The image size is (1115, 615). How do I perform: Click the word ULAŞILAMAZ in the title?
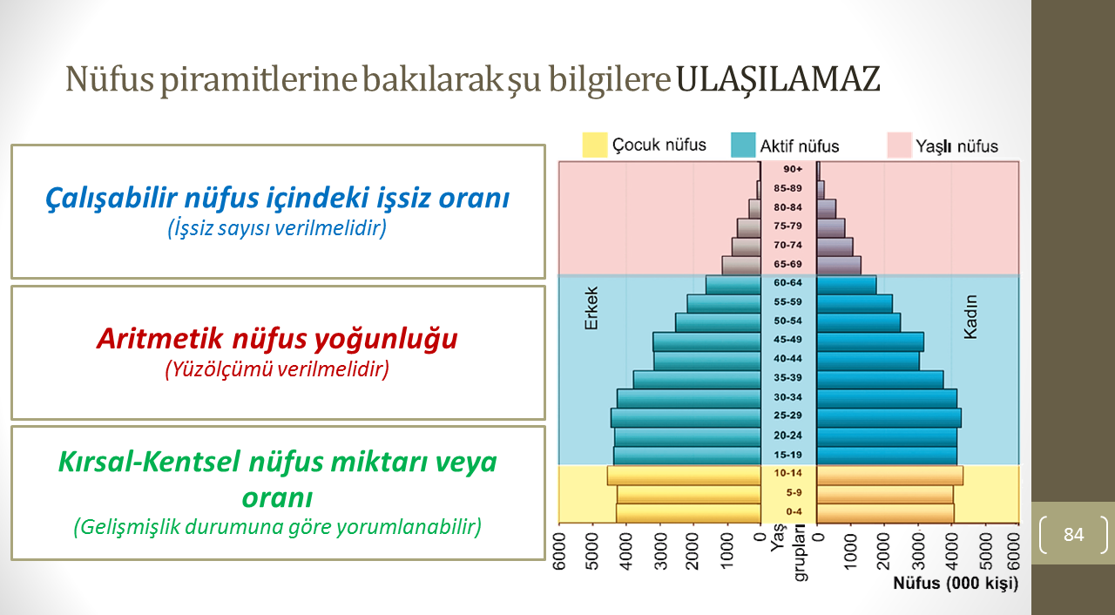[x=778, y=79]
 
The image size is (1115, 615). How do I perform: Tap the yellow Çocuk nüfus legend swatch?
[x=595, y=145]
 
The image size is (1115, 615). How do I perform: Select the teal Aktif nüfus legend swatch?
[x=743, y=145]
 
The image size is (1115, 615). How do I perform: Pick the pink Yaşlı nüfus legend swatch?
[x=900, y=145]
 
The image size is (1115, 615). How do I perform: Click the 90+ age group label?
[x=793, y=169]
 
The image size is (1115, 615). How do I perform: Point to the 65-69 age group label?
[x=788, y=264]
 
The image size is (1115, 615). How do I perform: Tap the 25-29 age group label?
[x=788, y=416]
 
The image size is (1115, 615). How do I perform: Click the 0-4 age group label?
[x=794, y=511]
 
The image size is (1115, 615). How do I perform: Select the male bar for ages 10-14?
[x=684, y=475]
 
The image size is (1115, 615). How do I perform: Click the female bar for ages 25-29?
[x=889, y=418]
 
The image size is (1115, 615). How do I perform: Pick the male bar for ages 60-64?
[x=733, y=285]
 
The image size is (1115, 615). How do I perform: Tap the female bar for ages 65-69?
[x=839, y=266]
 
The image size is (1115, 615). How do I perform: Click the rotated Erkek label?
[x=591, y=308]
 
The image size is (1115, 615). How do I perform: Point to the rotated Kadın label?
[x=970, y=317]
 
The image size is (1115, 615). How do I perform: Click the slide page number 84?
[x=1074, y=534]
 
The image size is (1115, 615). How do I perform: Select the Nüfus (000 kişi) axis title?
[x=956, y=583]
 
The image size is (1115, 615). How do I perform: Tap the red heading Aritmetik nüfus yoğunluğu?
[x=277, y=340]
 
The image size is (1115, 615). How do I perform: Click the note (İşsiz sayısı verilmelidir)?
[x=277, y=228]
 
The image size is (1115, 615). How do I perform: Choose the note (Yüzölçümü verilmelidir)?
[x=277, y=369]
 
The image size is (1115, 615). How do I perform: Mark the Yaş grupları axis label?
[x=788, y=552]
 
